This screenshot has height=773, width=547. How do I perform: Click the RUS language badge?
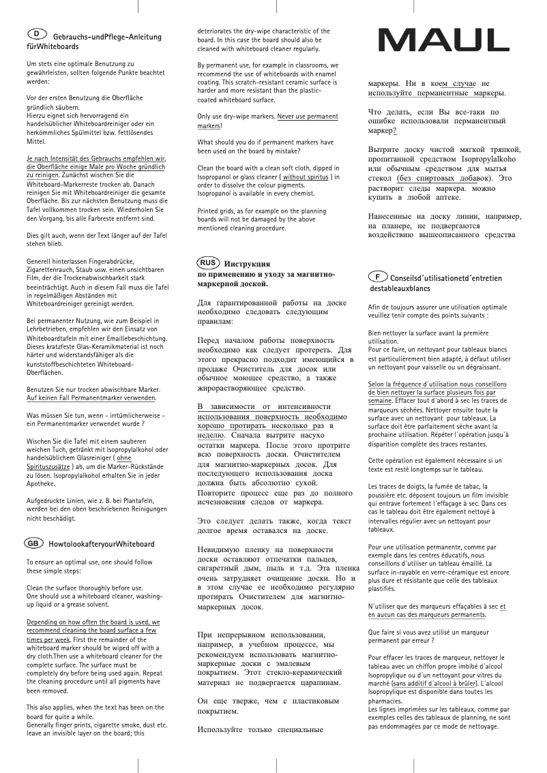tap(209, 262)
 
